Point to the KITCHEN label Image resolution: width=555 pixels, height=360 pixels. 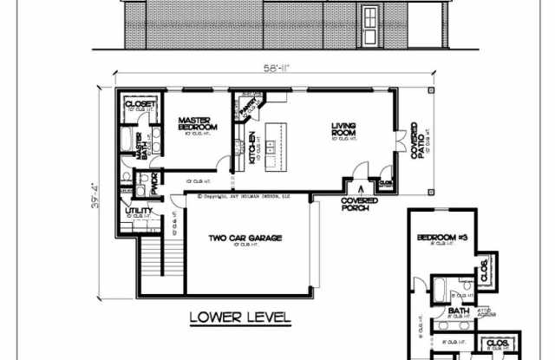coord(252,147)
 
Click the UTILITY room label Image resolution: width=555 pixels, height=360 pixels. coord(140,210)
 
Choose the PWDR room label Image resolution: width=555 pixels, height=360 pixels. coord(153,184)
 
